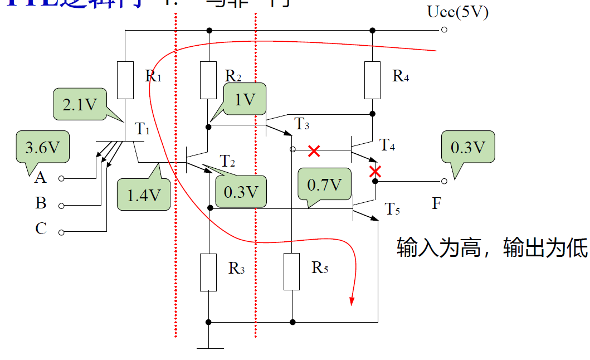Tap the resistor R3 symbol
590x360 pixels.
(x=208, y=271)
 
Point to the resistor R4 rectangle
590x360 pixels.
(x=372, y=79)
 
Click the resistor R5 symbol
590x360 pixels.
(x=292, y=271)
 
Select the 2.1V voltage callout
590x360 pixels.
(x=80, y=104)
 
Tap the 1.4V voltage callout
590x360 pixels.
(x=144, y=194)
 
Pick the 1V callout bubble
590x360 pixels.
(x=245, y=99)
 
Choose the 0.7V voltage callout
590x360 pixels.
(x=324, y=184)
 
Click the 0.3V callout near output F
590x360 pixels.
(x=467, y=147)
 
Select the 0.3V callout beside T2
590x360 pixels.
(x=241, y=191)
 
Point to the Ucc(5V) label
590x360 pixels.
(x=458, y=12)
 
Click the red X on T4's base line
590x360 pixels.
(x=314, y=150)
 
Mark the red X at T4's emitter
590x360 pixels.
(x=376, y=171)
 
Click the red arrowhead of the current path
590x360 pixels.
(x=352, y=301)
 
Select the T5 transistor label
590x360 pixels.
(x=393, y=210)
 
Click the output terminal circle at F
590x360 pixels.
(x=444, y=181)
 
